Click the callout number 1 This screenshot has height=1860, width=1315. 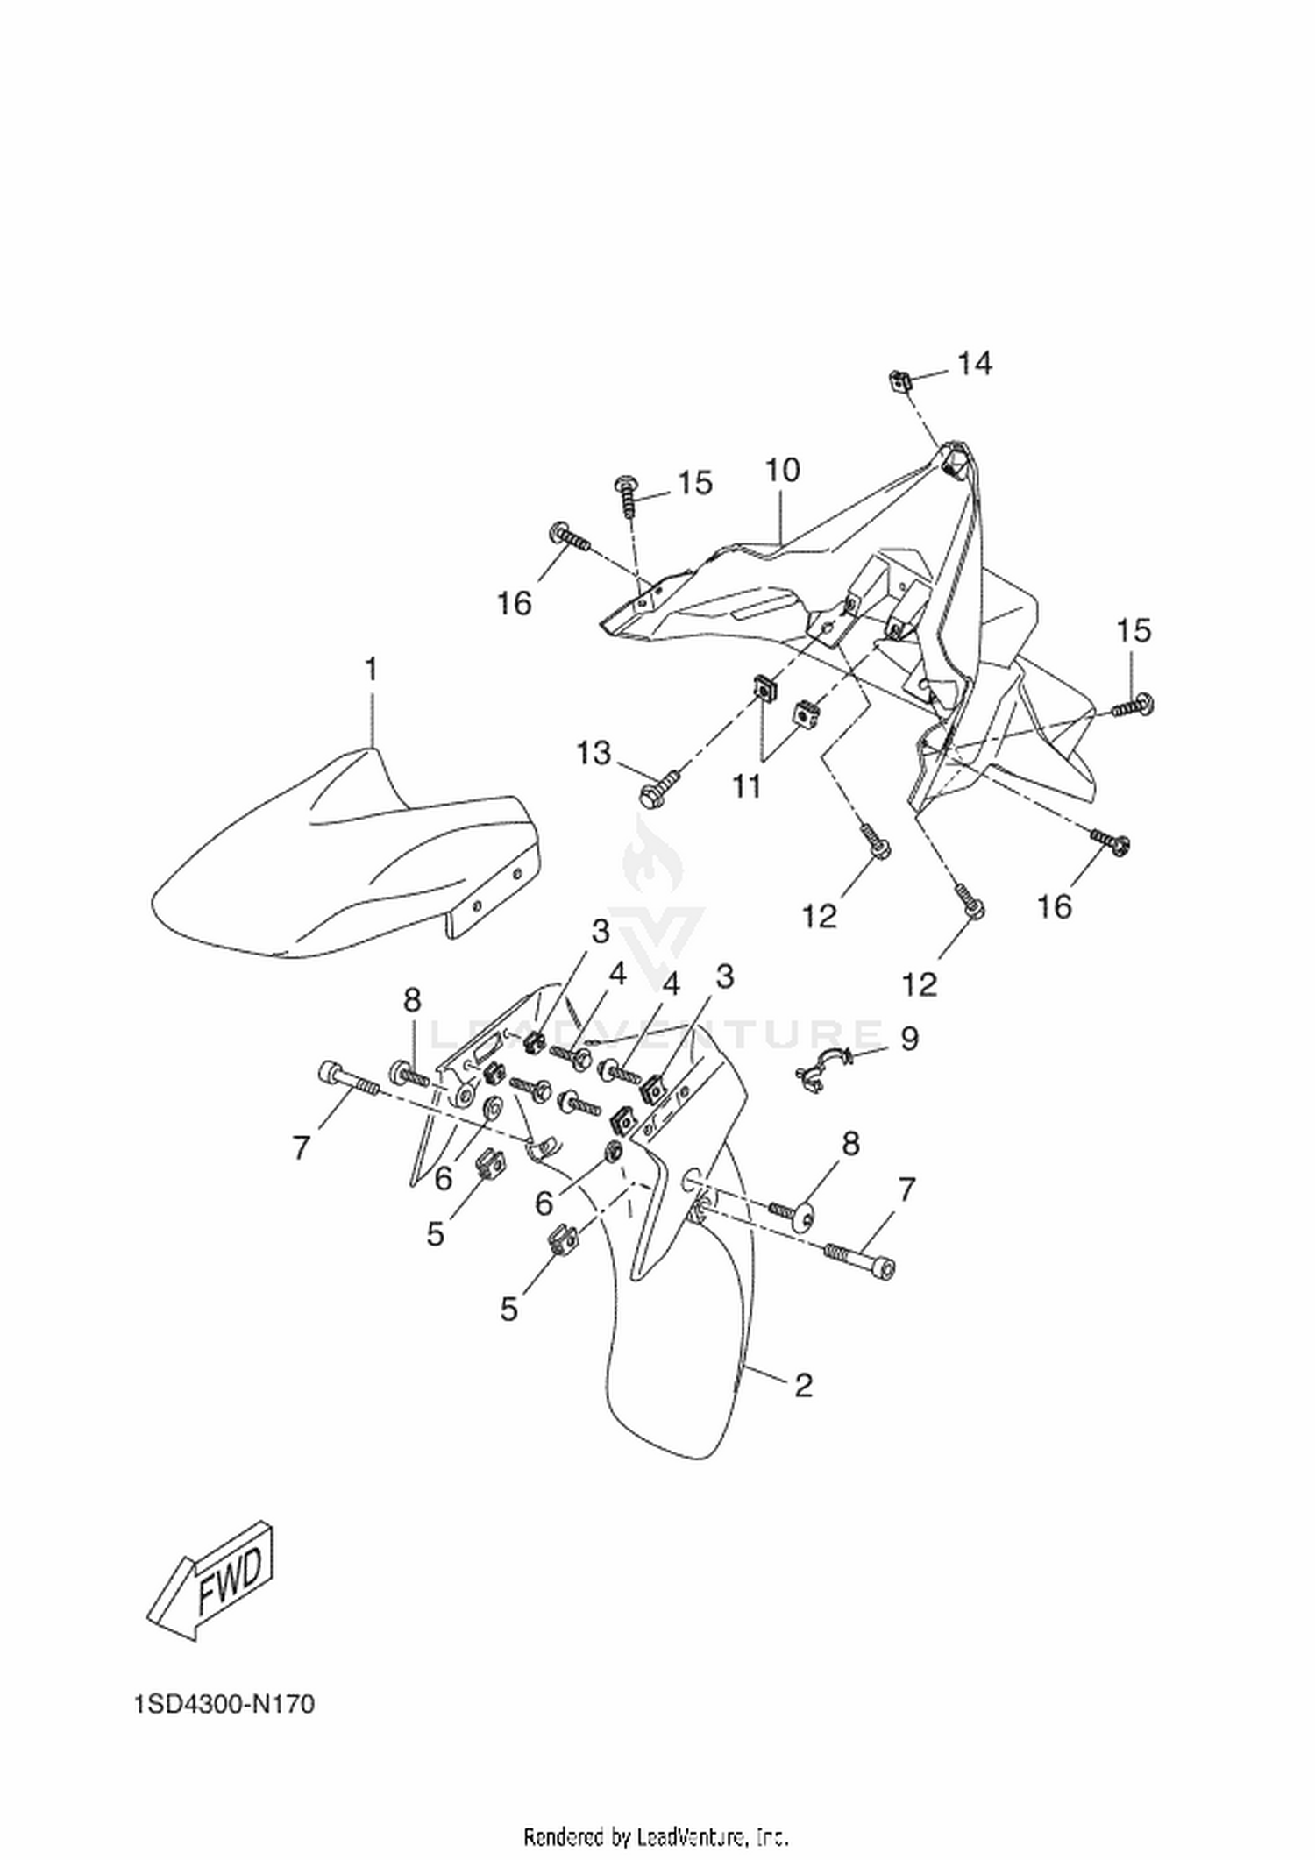click(371, 670)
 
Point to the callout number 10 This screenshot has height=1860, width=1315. click(783, 471)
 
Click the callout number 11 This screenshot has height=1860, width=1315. click(747, 786)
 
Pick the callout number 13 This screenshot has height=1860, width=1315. click(594, 752)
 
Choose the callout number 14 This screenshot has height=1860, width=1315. click(974, 363)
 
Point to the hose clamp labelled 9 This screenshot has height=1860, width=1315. click(819, 1068)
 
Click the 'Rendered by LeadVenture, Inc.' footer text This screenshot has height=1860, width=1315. click(657, 1834)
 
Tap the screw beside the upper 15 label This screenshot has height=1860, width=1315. click(628, 493)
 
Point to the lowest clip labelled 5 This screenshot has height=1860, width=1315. click(560, 1239)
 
